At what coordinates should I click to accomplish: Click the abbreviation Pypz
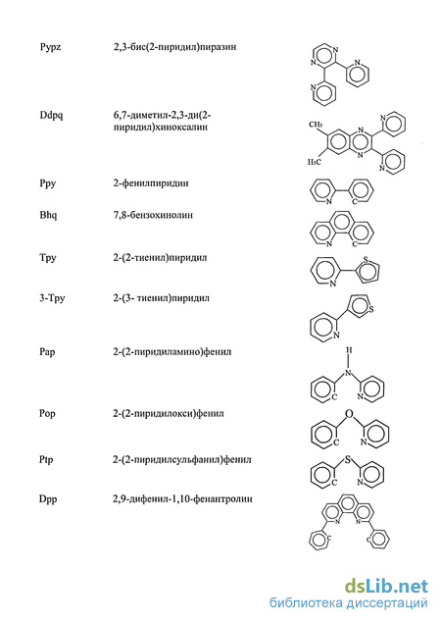[50, 48]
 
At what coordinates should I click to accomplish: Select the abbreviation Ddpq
[51, 116]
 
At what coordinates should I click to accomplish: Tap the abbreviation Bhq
[48, 215]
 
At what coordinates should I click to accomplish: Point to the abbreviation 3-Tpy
[52, 298]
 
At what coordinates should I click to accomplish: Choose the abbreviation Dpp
[48, 499]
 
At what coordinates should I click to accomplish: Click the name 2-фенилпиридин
[151, 183]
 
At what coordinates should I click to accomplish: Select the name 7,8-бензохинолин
[153, 215]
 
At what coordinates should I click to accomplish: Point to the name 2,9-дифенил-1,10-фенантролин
[182, 499]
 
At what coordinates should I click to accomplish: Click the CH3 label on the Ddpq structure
[316, 125]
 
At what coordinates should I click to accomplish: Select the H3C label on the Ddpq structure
[315, 162]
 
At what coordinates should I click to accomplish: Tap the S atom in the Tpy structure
[366, 260]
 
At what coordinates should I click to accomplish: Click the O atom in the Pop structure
[349, 414]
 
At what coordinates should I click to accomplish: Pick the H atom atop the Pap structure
[349, 350]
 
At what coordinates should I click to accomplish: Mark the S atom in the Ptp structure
[348, 460]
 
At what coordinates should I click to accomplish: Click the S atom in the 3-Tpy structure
[371, 309]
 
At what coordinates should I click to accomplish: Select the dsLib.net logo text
[386, 587]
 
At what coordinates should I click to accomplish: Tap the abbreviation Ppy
[48, 184]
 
